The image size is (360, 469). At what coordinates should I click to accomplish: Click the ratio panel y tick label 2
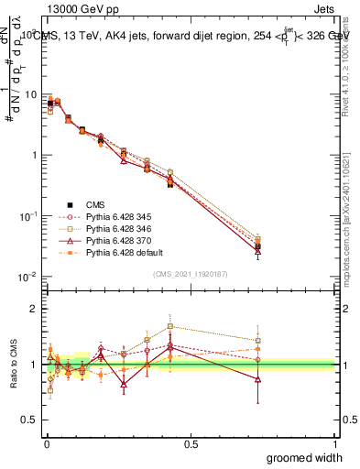coord(33,309)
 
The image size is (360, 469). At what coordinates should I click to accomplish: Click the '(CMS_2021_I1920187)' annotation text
coord(191,272)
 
